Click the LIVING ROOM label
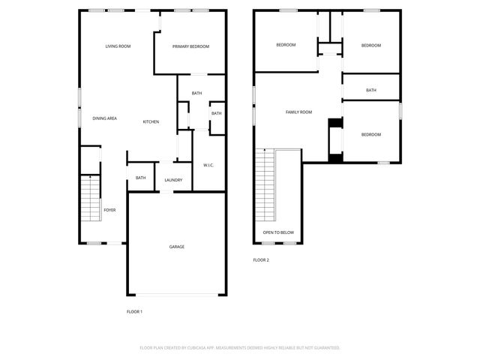(x=118, y=46)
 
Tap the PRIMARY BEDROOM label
(x=190, y=46)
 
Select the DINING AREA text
(x=104, y=118)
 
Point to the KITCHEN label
(x=151, y=121)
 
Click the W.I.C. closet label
(x=209, y=165)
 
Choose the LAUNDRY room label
(x=173, y=180)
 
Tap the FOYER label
(x=109, y=210)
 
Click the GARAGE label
(x=176, y=247)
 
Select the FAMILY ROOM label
(x=298, y=112)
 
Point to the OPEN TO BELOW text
(x=278, y=232)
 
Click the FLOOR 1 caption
(x=134, y=311)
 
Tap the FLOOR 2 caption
(x=261, y=260)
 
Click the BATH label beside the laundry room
(x=141, y=178)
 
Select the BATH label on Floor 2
(x=371, y=91)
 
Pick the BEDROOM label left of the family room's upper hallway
(x=286, y=45)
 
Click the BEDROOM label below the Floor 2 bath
(x=371, y=134)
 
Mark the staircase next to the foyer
(x=90, y=199)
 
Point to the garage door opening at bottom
(x=176, y=294)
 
